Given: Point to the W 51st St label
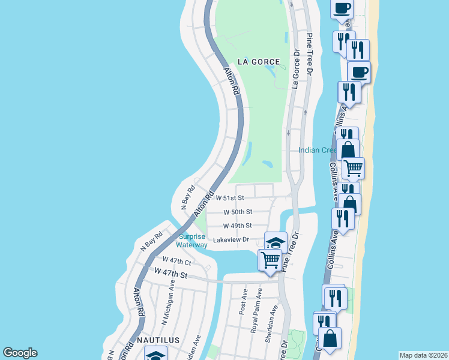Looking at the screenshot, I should pos(231,197).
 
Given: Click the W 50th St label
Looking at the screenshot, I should pos(238,212).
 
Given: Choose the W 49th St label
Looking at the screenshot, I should pos(238,226).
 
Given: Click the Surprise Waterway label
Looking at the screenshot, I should pos(193,241).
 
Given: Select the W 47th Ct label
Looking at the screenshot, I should pos(177,262).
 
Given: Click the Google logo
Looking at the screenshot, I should pos(20,353).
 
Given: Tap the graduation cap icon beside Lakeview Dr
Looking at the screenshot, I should pos(276,242).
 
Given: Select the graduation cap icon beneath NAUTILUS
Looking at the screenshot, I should pos(156,356).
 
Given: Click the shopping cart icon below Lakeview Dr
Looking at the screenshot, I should pos(270,260).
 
